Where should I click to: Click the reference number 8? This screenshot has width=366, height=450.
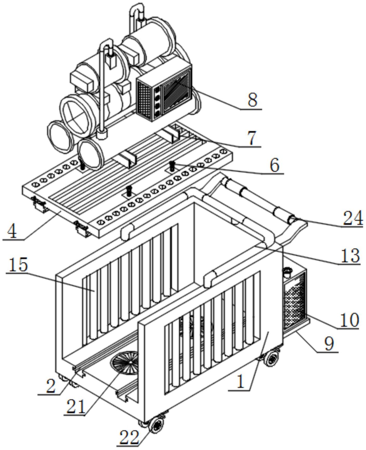[252, 100]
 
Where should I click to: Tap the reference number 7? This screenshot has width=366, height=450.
[252, 138]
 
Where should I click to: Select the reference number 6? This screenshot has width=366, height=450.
[274, 165]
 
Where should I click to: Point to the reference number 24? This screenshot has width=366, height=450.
[353, 218]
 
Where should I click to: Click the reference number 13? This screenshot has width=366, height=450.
[350, 256]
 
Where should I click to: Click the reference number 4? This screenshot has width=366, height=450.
[12, 231]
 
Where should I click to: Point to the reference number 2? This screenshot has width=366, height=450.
[51, 386]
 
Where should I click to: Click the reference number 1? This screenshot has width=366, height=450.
[240, 382]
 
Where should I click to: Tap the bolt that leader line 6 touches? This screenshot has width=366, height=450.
[172, 166]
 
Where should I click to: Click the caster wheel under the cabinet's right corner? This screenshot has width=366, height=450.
[272, 359]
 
